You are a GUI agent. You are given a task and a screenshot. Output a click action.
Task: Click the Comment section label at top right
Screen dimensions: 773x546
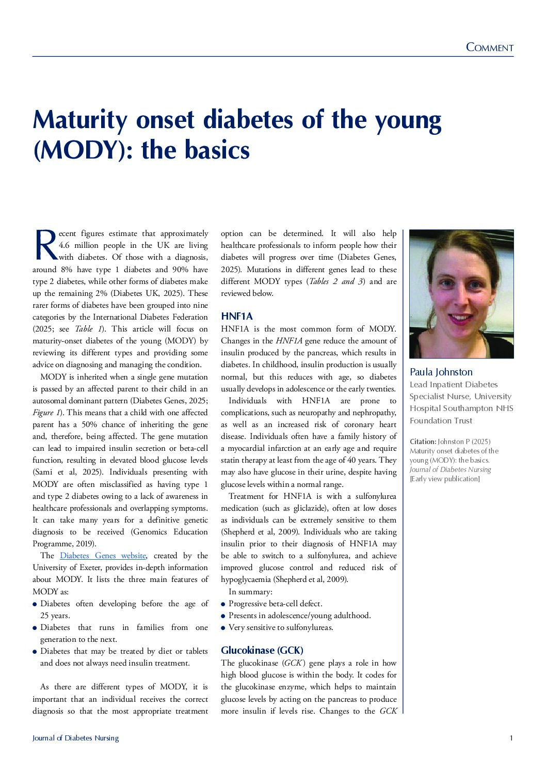coord(489,48)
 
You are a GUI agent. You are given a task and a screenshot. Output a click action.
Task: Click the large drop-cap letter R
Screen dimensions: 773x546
coord(45,245)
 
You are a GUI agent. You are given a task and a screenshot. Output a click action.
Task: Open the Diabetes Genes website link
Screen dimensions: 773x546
coord(103,556)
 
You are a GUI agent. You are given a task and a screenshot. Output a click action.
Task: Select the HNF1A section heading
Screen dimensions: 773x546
coord(237,316)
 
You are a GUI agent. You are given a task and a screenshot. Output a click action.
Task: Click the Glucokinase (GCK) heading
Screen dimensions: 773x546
coord(262,650)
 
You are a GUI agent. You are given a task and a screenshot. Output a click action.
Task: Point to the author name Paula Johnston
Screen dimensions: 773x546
coord(441,372)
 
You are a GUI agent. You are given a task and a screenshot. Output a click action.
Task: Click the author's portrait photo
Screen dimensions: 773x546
coord(461,294)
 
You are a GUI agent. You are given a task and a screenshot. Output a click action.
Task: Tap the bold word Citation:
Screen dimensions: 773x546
coord(423,441)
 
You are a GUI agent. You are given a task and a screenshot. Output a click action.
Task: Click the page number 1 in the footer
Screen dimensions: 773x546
coord(511,738)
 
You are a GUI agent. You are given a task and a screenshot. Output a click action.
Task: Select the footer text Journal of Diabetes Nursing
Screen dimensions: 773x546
coord(75,738)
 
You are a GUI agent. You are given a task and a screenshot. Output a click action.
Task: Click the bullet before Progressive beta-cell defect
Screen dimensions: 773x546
coord(223,604)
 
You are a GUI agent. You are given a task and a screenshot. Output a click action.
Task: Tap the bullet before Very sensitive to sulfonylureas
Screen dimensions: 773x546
coord(223,628)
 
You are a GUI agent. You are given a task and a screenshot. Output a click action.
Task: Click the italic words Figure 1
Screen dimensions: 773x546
coord(43,413)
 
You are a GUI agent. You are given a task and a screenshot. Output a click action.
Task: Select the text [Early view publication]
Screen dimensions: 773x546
coord(444,479)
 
